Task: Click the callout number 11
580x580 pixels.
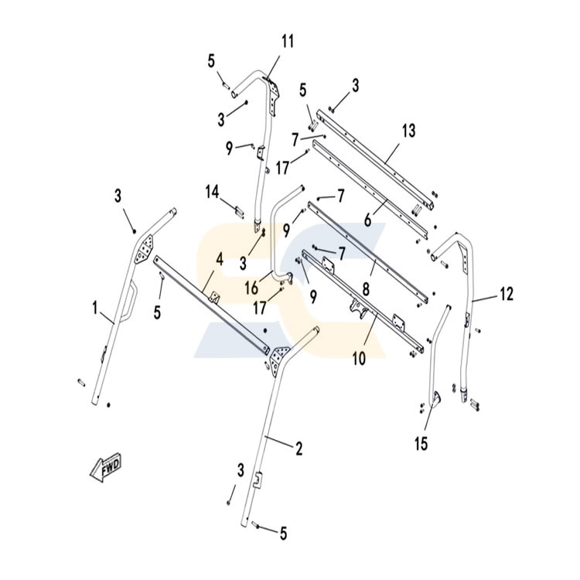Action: pos(288,41)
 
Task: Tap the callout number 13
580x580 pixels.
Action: pos(409,131)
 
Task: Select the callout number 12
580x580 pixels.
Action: pos(507,294)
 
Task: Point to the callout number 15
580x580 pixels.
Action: pos(421,444)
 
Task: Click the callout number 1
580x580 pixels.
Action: pos(95,308)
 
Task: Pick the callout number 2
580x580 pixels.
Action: pos(299,449)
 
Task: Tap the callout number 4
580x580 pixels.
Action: pos(220,259)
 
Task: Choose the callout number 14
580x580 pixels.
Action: pos(213,192)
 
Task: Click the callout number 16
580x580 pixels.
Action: pos(251,288)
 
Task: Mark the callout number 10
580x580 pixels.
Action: pos(359,358)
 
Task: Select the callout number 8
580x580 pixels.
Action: pos(366,289)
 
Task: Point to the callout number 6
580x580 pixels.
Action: pos(367,220)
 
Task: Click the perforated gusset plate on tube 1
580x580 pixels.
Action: pos(145,249)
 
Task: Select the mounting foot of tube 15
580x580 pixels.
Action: pos(436,400)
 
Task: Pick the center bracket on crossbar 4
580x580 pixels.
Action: pos(213,297)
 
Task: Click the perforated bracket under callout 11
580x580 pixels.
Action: pos(273,94)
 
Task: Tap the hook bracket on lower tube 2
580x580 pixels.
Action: pos(258,479)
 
